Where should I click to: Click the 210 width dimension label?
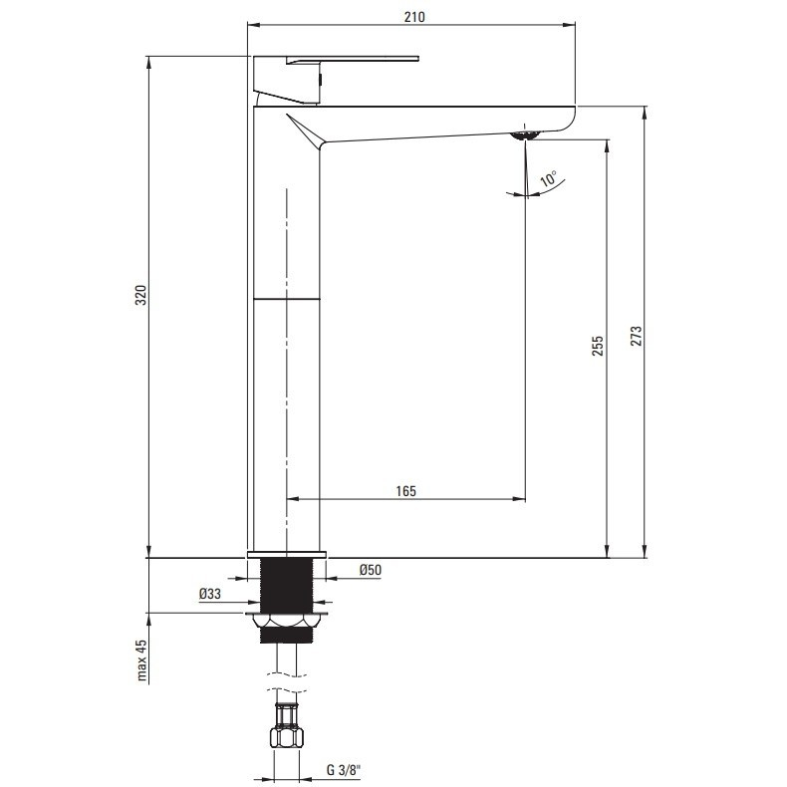pyautogui.click(x=414, y=17)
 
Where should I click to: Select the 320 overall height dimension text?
pyautogui.click(x=141, y=295)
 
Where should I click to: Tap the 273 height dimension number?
pyautogui.click(x=636, y=336)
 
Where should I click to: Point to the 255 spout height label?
pyautogui.click(x=598, y=346)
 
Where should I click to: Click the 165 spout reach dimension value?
pyautogui.click(x=405, y=491)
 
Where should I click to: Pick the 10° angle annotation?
pyautogui.click(x=548, y=178)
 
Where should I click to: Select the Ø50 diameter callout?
pyautogui.click(x=371, y=570)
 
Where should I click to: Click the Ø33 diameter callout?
pyautogui.click(x=210, y=594)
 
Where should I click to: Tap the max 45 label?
pyautogui.click(x=141, y=660)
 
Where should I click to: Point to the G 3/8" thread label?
pyautogui.click(x=344, y=769)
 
